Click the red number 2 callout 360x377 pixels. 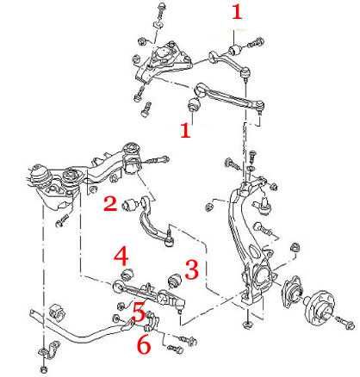tap(110, 203)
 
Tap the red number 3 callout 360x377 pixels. tap(192, 269)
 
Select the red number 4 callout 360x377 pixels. tap(121, 256)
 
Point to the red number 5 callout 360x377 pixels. tap(139, 312)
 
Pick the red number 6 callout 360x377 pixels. tap(144, 345)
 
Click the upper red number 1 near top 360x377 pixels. tap(237, 12)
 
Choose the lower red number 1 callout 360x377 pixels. tap(185, 130)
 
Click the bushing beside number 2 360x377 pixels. tap(129, 204)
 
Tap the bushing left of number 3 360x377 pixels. tap(174, 281)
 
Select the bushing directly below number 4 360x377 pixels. tap(127, 274)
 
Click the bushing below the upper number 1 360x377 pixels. tap(236, 50)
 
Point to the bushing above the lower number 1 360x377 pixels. tap(194, 104)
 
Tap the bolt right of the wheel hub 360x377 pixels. tap(345, 322)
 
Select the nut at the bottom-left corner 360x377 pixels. tap(43, 368)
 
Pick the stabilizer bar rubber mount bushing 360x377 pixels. tap(57, 312)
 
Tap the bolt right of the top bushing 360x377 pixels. tap(256, 43)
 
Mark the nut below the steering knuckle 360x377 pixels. tap(247, 324)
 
